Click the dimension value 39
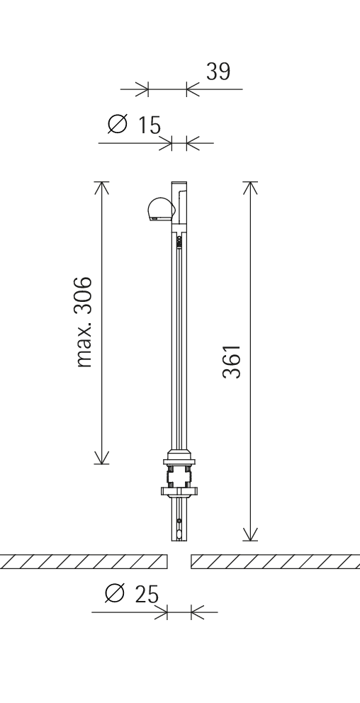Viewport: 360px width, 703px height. click(x=218, y=72)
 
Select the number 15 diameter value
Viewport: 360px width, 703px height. click(x=149, y=125)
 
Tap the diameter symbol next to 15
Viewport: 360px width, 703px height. click(x=118, y=124)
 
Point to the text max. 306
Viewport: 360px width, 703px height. click(x=84, y=322)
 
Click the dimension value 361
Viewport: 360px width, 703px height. click(x=232, y=361)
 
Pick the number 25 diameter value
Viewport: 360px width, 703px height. click(x=147, y=595)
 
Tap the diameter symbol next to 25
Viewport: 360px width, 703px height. click(x=115, y=593)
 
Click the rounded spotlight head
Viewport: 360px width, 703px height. click(x=159, y=209)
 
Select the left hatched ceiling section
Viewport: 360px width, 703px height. click(x=84, y=561)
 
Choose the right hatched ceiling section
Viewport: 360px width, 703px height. click(x=275, y=561)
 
